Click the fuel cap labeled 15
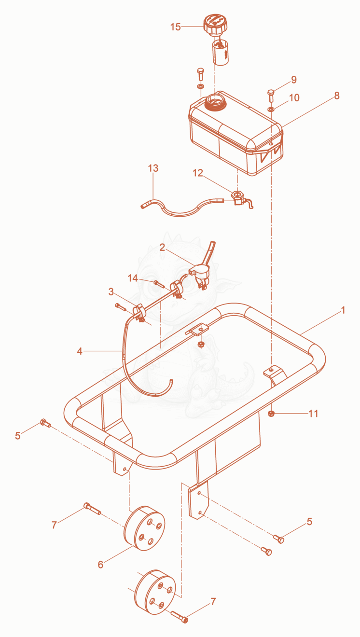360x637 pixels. coord(215,25)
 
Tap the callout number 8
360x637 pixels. coord(337,96)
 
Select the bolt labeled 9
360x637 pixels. coord(271,96)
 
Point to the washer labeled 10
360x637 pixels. coord(271,109)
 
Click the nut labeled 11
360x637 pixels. coord(271,413)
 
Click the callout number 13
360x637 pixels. coord(153,168)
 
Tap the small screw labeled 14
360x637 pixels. coord(159,284)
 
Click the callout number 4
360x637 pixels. coord(80,351)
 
